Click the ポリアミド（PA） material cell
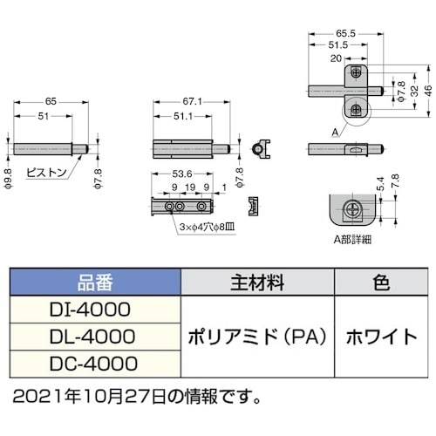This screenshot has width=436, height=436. point(256,337)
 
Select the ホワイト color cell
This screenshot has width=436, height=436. point(380,337)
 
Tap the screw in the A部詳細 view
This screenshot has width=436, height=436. point(353,208)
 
